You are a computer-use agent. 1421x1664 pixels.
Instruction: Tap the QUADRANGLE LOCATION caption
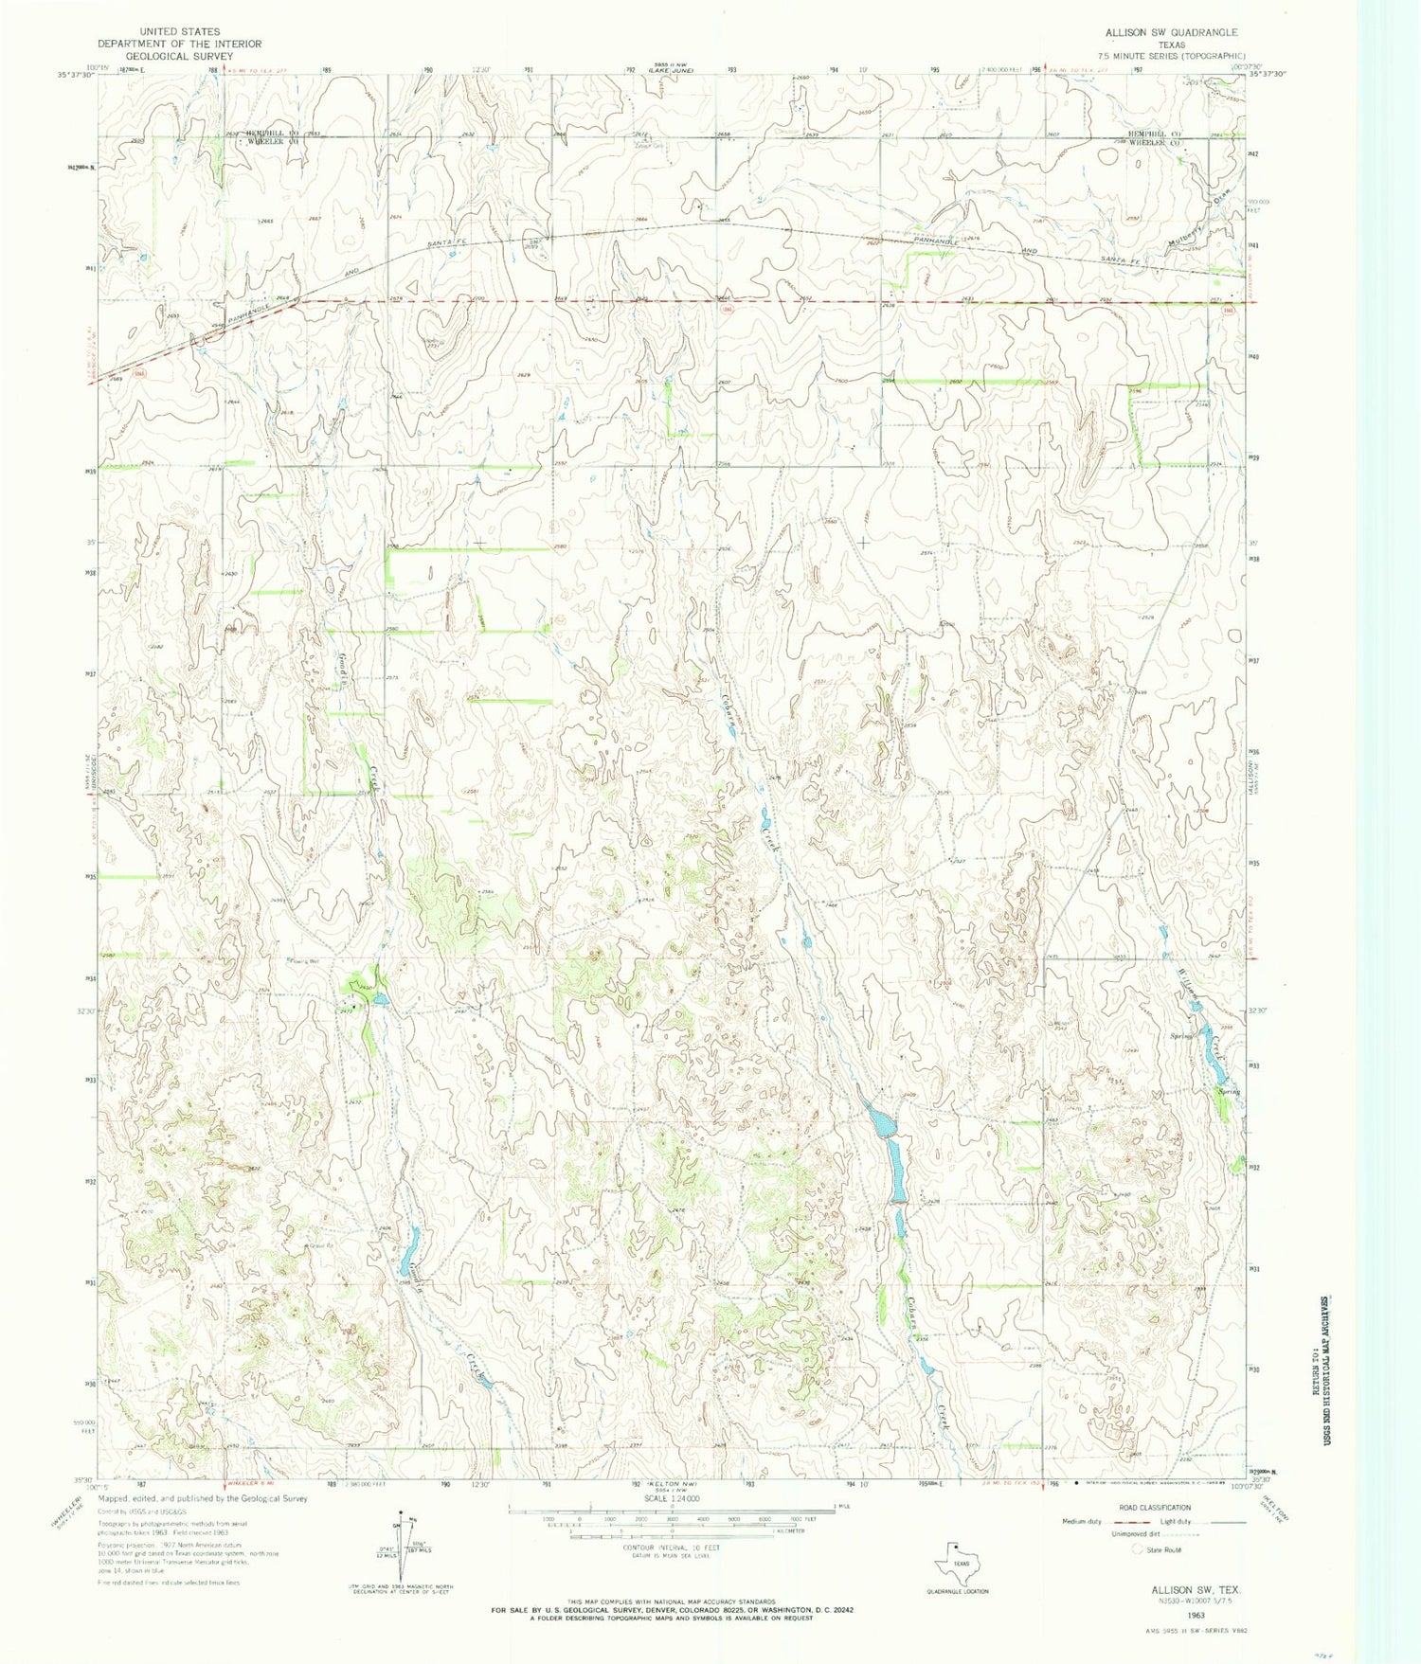point(957,1591)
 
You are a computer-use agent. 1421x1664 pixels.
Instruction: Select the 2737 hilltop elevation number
point(434,348)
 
